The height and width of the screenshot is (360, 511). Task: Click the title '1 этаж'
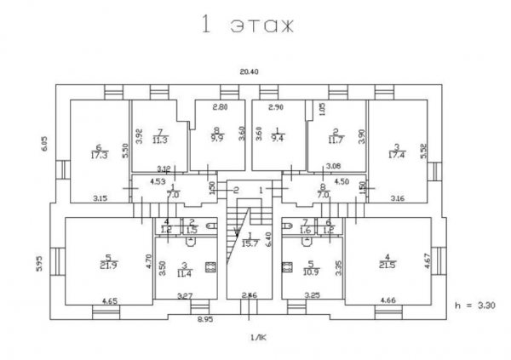(248, 26)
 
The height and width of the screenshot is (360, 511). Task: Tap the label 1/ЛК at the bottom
(257, 338)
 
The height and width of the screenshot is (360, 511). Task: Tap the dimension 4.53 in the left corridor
(158, 181)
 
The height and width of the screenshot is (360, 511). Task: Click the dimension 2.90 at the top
(276, 108)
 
